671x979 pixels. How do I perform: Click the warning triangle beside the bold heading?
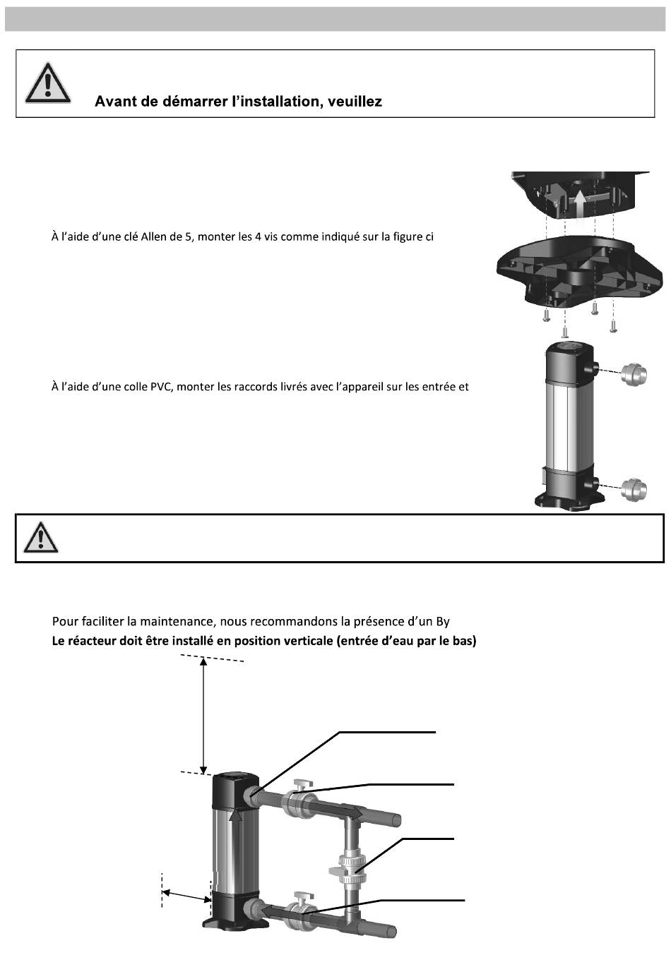(47, 83)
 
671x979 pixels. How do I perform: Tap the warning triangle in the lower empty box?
(41, 539)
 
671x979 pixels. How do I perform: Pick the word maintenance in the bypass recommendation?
(177, 622)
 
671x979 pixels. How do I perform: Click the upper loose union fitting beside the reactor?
(633, 374)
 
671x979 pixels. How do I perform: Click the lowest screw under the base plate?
(564, 332)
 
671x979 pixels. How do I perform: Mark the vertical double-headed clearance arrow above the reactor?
(204, 714)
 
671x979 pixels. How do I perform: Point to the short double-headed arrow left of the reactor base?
(186, 894)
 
